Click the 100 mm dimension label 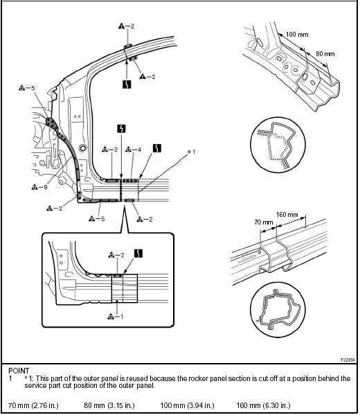pyautogui.click(x=297, y=35)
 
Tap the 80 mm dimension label pyautogui.click(x=325, y=54)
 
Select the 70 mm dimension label pyautogui.click(x=263, y=222)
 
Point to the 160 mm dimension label pyautogui.click(x=287, y=215)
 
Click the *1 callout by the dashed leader pyautogui.click(x=191, y=152)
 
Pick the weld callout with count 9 pyautogui.click(x=39, y=187)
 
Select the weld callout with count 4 pyautogui.click(x=133, y=150)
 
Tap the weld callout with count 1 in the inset pyautogui.click(x=116, y=317)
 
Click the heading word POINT pyautogui.click(x=19, y=371)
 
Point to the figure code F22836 pyautogui.click(x=348, y=360)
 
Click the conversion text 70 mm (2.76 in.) pyautogui.click(x=33, y=405)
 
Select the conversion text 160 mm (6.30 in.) pyautogui.click(x=263, y=405)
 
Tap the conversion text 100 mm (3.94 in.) pyautogui.click(x=187, y=405)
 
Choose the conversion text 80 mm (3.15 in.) pyautogui.click(x=109, y=405)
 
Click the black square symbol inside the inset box pyautogui.click(x=138, y=254)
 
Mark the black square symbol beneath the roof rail pyautogui.click(x=127, y=84)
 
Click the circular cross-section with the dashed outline pyautogui.click(x=278, y=145)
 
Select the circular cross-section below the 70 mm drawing pyautogui.click(x=278, y=310)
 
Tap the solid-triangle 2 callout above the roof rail pyautogui.click(x=126, y=26)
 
